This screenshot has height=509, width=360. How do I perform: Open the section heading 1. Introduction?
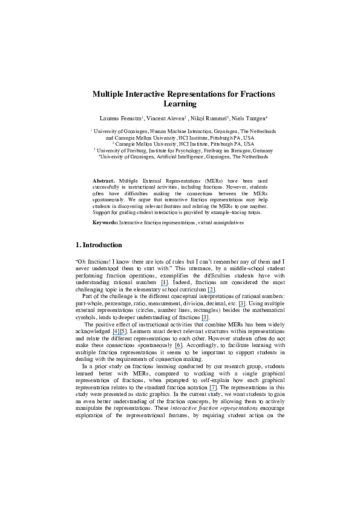pos(98,245)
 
